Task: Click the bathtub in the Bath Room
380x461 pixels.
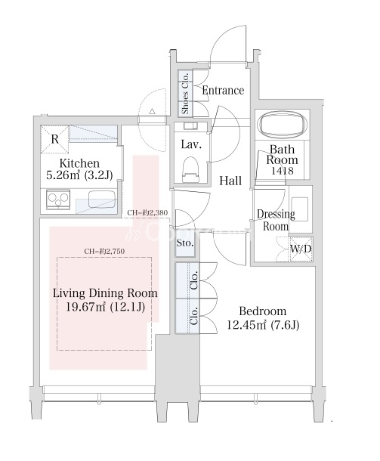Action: pyautogui.click(x=282, y=125)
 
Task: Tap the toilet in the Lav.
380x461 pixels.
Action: pyautogui.click(x=190, y=170)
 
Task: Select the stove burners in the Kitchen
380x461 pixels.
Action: pyautogui.click(x=58, y=200)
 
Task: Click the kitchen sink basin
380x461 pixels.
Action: pyautogui.click(x=100, y=199)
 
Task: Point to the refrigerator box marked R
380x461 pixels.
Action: pyautogui.click(x=54, y=139)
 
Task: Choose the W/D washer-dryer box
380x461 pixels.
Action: pyautogui.click(x=301, y=249)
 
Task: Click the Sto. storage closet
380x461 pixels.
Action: pyautogui.click(x=185, y=243)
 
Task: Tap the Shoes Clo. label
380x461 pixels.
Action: pyautogui.click(x=185, y=93)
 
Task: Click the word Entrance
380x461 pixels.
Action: pyautogui.click(x=223, y=90)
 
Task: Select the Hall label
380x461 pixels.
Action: pyautogui.click(x=230, y=181)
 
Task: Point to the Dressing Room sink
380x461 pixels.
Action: pyautogui.click(x=299, y=209)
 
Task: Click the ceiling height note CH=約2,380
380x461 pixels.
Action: pyautogui.click(x=147, y=212)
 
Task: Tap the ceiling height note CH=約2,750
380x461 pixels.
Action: pyautogui.click(x=104, y=251)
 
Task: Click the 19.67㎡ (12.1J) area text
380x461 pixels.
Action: pyautogui.click(x=105, y=307)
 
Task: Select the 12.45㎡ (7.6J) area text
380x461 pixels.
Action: pyautogui.click(x=263, y=324)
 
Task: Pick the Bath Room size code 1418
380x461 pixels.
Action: pyautogui.click(x=282, y=171)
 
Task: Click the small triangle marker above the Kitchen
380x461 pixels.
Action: pyautogui.click(x=153, y=111)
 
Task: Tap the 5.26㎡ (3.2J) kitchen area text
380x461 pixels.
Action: pyautogui.click(x=79, y=175)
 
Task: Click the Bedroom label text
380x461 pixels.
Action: pyautogui.click(x=262, y=311)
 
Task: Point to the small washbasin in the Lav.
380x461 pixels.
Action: pyautogui.click(x=190, y=126)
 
